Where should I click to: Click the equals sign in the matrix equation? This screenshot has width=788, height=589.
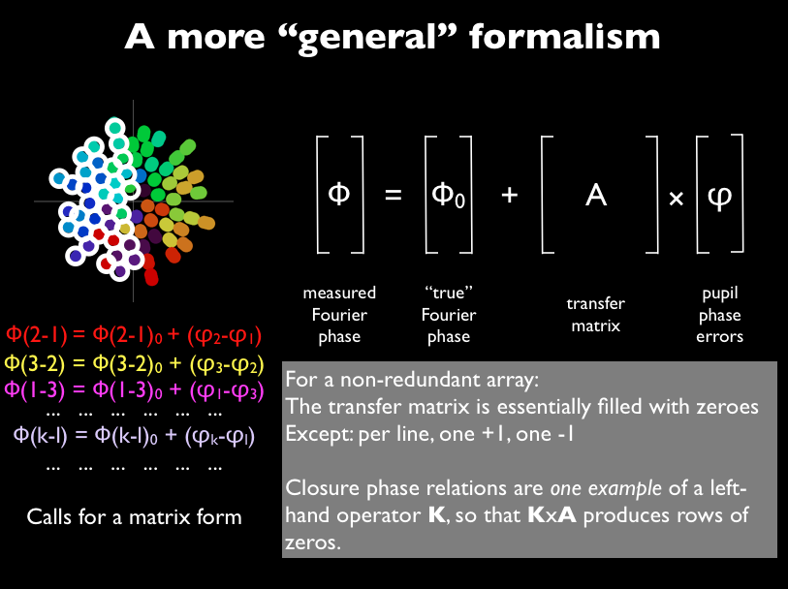[x=393, y=196]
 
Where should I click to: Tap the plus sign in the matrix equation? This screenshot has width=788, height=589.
[x=509, y=196]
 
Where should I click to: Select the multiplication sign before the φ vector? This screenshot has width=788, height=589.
[x=677, y=198]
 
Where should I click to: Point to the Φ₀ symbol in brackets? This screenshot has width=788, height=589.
[x=448, y=195]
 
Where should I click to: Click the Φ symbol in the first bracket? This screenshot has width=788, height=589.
[x=338, y=194]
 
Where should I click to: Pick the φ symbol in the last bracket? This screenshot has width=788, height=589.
[x=720, y=195]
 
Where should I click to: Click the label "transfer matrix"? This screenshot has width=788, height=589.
[x=596, y=315]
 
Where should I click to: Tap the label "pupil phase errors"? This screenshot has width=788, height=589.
[x=720, y=315]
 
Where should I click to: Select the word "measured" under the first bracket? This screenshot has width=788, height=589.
[x=339, y=293]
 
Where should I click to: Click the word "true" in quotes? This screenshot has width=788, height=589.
[x=448, y=293]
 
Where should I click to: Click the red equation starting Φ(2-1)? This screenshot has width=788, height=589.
[x=134, y=335]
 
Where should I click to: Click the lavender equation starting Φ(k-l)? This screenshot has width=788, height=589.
[x=134, y=434]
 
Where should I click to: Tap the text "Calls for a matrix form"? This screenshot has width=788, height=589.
[x=134, y=516]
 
